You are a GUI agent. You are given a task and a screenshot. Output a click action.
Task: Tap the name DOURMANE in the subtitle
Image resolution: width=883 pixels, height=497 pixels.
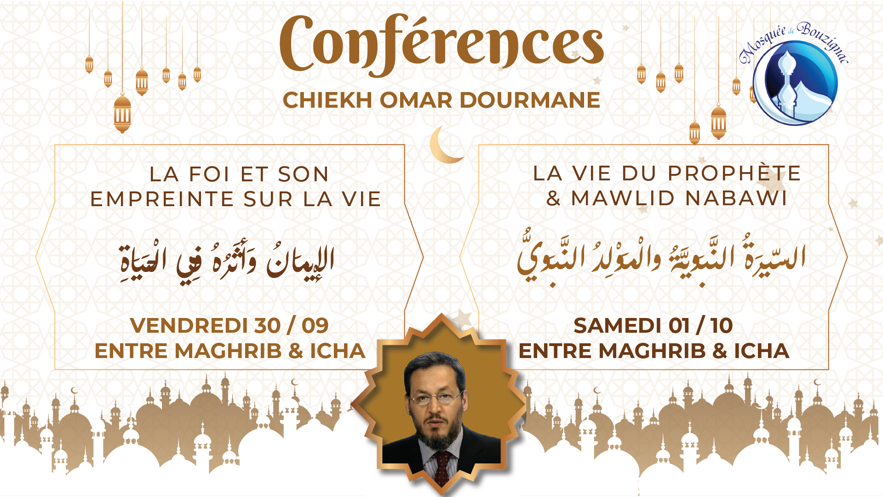tap(530, 100)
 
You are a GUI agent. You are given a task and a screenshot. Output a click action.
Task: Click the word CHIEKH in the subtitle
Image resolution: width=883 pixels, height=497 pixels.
tap(327, 100)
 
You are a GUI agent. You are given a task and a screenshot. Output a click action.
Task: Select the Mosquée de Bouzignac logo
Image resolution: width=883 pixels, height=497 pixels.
tap(793, 74)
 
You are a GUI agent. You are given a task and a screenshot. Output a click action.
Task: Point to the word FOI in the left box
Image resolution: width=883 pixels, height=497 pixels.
tap(210, 174)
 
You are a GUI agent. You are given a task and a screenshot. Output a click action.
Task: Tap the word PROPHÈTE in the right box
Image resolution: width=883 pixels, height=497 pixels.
tap(734, 173)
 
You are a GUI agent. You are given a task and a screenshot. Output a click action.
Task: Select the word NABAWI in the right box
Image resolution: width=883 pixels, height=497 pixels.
tap(736, 198)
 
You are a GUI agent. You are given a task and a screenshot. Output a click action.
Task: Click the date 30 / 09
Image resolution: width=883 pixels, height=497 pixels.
tap(292, 326)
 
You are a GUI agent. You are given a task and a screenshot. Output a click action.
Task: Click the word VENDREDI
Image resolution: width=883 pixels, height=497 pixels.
tap(189, 326)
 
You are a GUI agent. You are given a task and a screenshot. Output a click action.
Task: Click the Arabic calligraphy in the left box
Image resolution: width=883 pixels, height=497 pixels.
tap(226, 262)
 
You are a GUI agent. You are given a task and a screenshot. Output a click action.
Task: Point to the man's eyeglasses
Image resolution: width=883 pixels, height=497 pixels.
tap(435, 397)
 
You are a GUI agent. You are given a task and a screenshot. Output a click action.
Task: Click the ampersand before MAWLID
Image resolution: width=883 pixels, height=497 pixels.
tap(553, 198)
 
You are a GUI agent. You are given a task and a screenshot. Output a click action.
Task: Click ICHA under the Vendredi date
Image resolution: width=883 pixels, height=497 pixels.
tap(338, 351)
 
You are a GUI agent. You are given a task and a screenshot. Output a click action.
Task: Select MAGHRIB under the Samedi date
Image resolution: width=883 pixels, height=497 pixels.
tap(652, 351)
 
